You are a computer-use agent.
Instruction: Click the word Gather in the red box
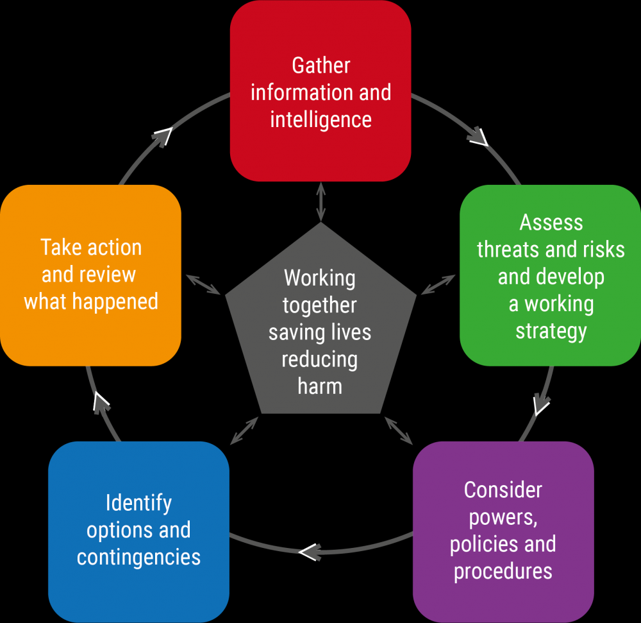[321, 65]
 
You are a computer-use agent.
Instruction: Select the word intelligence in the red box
[321, 120]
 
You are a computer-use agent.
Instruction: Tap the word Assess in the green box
[551, 223]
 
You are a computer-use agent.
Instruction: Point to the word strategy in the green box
[551, 332]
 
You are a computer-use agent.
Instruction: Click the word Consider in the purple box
[503, 490]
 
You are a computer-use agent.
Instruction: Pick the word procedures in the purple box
[503, 572]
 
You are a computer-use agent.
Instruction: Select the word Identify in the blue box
[138, 504]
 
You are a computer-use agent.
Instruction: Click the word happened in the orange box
[115, 302]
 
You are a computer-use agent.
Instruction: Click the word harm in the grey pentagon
[320, 386]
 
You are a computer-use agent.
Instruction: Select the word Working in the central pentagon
[320, 279]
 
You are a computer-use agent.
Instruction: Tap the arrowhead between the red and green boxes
[478, 137]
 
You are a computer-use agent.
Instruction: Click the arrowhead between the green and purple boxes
[541, 405]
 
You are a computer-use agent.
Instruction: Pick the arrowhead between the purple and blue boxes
[310, 552]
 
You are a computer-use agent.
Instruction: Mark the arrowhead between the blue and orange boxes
[101, 402]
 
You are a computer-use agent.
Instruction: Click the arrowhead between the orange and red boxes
[163, 137]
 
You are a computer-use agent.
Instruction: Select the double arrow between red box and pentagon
[321, 202]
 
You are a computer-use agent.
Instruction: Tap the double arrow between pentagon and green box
[438, 284]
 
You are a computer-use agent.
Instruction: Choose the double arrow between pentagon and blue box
[244, 431]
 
